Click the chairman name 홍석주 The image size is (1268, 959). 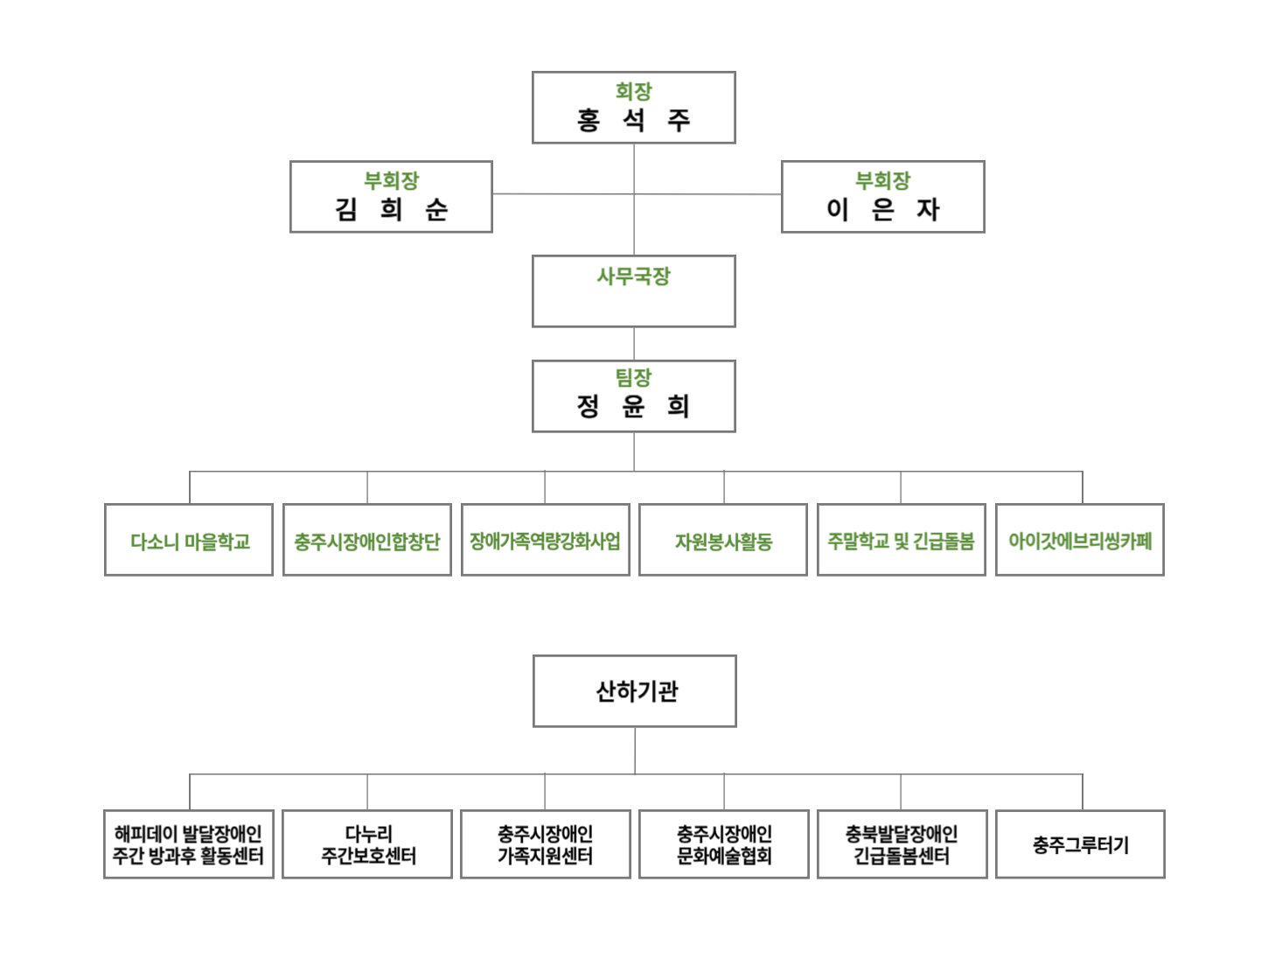pos(633,120)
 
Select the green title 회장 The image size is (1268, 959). pos(633,91)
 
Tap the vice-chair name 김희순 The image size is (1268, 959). pos(391,209)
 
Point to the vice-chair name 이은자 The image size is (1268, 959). pos(882,209)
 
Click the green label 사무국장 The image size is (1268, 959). pos(633,276)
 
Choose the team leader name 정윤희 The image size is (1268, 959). pos(633,406)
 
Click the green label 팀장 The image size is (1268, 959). pos(633,377)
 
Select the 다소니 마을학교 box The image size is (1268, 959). pos(189,541)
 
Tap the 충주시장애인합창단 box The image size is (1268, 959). pos(367,541)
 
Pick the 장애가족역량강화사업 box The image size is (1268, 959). pos(545,541)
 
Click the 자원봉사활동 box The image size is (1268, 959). pos(723,541)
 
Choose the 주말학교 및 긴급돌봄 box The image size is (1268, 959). pos(901,541)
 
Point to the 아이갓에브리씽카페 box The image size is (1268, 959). pos(1079,541)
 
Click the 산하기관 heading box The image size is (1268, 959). pos(635,691)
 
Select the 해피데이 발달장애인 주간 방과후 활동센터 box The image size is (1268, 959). pos(189,844)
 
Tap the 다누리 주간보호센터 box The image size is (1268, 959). pos(367,844)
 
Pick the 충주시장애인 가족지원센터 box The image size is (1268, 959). pos(545,844)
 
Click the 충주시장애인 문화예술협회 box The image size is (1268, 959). pos(723,844)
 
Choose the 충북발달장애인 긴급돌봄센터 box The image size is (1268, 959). pos(902,844)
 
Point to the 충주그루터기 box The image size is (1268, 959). pos(1080,844)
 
